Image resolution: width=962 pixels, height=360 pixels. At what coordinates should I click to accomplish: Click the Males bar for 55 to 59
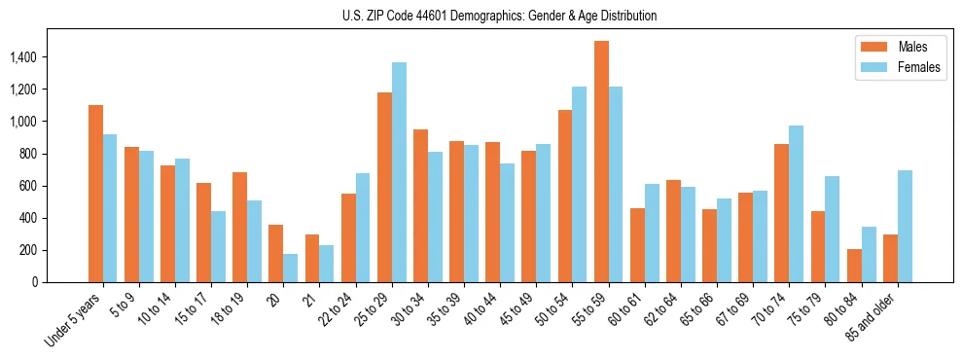pyautogui.click(x=601, y=162)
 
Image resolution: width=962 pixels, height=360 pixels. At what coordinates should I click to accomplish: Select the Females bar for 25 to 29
pyautogui.click(x=399, y=172)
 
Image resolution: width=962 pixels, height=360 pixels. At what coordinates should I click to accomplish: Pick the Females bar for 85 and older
pyautogui.click(x=905, y=226)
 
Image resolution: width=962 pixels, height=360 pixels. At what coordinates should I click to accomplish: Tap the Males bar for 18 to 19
pyautogui.click(x=240, y=227)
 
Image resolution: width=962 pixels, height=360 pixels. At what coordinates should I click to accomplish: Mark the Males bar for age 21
pyautogui.click(x=312, y=258)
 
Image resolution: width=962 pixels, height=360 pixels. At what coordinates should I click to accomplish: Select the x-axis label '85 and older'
pyautogui.click(x=877, y=315)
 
